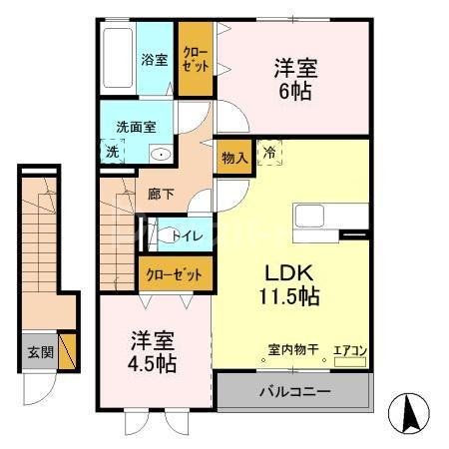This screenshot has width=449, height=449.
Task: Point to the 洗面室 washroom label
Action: [135, 128]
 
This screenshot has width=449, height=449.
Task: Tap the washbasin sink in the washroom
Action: [160, 154]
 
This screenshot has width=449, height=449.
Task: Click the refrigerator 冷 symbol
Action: [269, 153]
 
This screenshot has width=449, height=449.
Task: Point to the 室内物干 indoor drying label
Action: [293, 350]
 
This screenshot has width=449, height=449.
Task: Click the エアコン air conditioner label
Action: [350, 350]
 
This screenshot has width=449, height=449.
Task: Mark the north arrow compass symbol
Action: [409, 410]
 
